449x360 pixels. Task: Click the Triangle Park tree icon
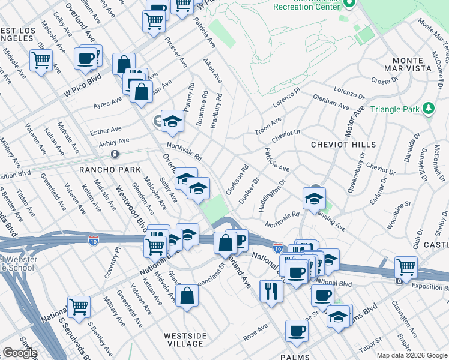(429, 109)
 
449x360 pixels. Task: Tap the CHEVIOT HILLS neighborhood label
(343, 145)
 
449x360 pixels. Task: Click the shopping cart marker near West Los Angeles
(41, 60)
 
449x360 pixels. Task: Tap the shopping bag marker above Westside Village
(187, 295)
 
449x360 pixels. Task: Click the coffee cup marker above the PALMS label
(296, 330)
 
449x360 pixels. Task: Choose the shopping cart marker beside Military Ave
(79, 307)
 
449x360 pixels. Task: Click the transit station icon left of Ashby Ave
(115, 154)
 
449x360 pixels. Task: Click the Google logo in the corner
(20, 353)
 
